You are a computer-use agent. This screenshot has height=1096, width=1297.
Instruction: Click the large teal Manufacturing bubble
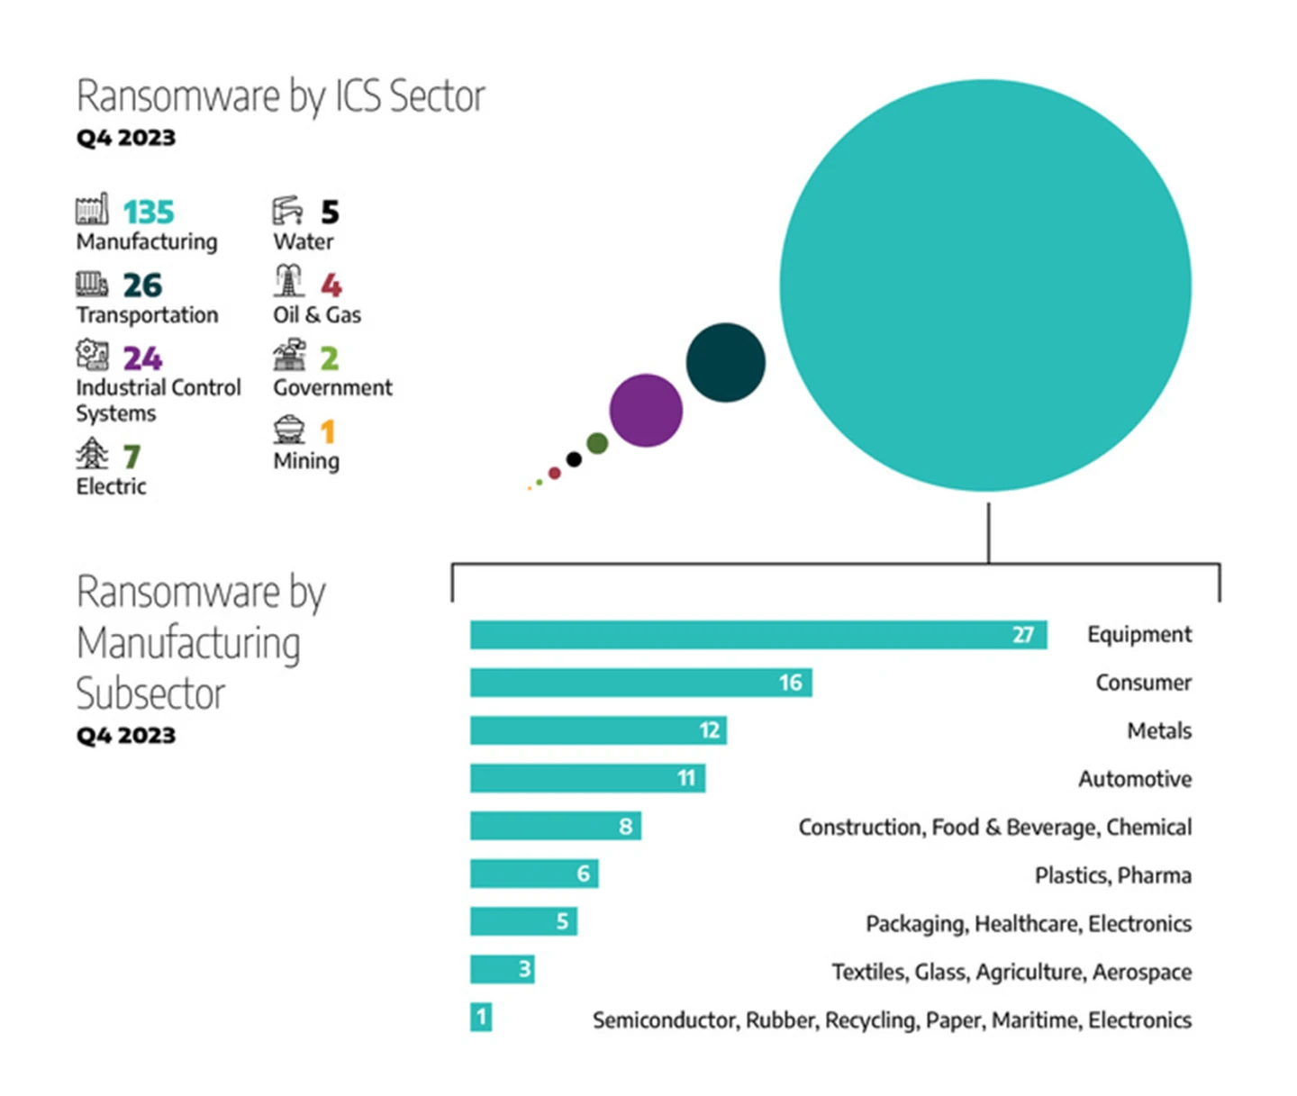coord(985,285)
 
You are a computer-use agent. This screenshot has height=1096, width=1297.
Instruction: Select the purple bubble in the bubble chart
coord(646,411)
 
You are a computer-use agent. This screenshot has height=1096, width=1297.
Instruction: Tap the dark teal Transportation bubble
coord(725,362)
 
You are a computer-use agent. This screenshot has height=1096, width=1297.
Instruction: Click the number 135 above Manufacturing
coord(149,213)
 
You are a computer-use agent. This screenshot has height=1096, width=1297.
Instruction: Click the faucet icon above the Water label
coord(288,210)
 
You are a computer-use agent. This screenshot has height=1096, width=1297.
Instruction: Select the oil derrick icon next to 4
coord(288,282)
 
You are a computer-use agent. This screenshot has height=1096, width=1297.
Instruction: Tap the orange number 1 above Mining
coord(328,431)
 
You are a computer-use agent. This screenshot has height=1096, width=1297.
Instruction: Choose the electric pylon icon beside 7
coord(92,454)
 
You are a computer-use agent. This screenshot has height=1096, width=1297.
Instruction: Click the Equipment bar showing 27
coord(757,635)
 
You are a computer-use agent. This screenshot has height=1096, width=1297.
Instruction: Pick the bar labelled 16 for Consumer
coord(640,683)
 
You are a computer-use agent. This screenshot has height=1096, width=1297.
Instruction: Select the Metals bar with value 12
coord(598,730)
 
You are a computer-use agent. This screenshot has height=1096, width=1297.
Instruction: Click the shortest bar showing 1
coord(481,1018)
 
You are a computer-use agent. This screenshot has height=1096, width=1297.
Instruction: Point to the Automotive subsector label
coord(1135,779)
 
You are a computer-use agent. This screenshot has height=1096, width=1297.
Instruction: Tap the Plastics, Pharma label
coord(1112,875)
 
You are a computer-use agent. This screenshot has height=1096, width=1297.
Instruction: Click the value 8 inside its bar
coord(626,827)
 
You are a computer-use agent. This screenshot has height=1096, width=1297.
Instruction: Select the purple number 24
coord(143,358)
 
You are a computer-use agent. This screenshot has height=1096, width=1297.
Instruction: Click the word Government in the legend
coord(333,388)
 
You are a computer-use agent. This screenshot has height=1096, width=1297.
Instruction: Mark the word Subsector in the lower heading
coord(150,694)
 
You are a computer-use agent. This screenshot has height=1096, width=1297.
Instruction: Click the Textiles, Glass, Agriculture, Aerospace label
coord(1011,972)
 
